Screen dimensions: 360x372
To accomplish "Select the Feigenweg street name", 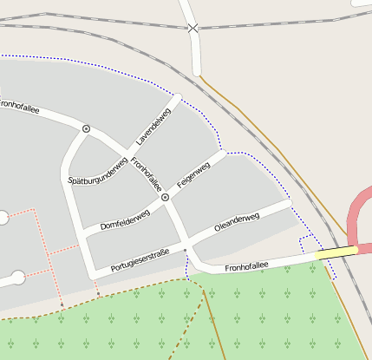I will coord(193,175).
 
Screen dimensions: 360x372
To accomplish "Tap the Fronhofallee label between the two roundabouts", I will coord(147,173).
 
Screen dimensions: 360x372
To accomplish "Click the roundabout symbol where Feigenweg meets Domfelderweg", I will coord(165,198).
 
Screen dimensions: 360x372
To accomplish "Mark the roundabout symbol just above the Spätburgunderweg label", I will coord(86,128).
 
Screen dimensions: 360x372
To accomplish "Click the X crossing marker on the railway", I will coord(193,28).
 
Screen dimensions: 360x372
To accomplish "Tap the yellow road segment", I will coord(337,252).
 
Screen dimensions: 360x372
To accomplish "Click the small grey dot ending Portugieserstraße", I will coord(185,251).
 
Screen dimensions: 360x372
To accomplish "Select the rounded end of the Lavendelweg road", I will coord(179,97).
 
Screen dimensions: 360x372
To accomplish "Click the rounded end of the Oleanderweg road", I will coord(290,203).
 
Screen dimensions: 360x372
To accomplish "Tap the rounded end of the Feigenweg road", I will coord(225,154).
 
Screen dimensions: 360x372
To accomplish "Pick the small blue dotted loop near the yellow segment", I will coord(305,242).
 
